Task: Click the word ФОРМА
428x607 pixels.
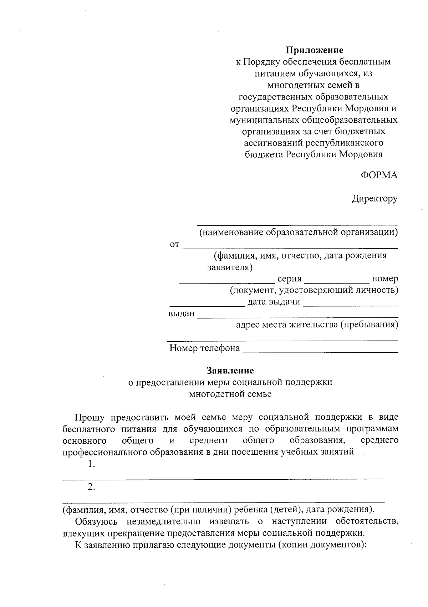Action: (379, 175)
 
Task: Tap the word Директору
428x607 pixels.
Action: (374, 199)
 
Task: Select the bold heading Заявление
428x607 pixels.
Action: (230, 371)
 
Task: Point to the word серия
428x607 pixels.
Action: (290, 279)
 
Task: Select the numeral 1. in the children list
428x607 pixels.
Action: (91, 464)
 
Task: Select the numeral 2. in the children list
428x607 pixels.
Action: (91, 487)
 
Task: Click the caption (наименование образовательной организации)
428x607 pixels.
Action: (298, 233)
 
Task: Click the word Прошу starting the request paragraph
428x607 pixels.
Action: (90, 417)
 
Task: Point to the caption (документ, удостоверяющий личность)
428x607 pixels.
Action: (314, 290)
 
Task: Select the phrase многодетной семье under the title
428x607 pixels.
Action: (230, 394)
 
